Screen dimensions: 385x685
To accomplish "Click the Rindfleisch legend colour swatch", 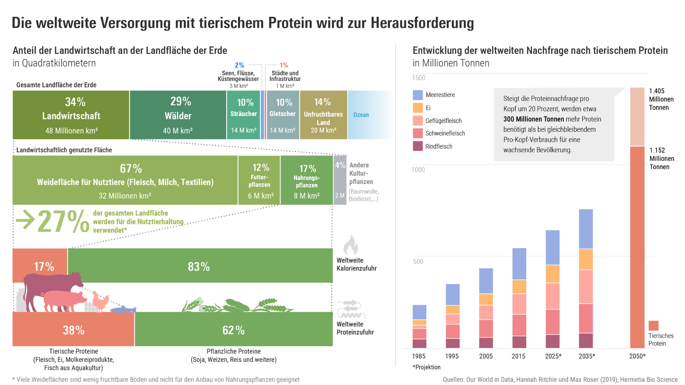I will [418, 146].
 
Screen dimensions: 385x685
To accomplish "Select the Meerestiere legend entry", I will [440, 95].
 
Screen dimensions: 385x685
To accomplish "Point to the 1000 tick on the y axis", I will [418, 170].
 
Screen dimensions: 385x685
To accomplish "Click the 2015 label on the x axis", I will [518, 356].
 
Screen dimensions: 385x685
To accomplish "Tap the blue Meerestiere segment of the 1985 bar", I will [419, 312].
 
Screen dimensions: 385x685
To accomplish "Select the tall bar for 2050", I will [637, 246].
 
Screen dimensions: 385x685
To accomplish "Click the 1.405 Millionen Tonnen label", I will [661, 99].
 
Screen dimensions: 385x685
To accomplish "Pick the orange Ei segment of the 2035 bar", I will [586, 259].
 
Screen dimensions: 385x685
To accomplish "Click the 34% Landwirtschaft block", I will [71, 115].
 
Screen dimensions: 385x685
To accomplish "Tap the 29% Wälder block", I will [178, 115].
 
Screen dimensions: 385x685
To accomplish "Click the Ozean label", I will [361, 115].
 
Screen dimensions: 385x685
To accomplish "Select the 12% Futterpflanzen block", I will [259, 180].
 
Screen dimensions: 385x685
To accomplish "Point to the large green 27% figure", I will [63, 221].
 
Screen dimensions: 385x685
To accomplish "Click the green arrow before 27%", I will [25, 220].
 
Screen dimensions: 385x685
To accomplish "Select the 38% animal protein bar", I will [73, 330].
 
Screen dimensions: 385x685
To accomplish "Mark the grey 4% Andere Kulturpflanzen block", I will [340, 180].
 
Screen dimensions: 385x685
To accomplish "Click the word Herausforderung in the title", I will [422, 23].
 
